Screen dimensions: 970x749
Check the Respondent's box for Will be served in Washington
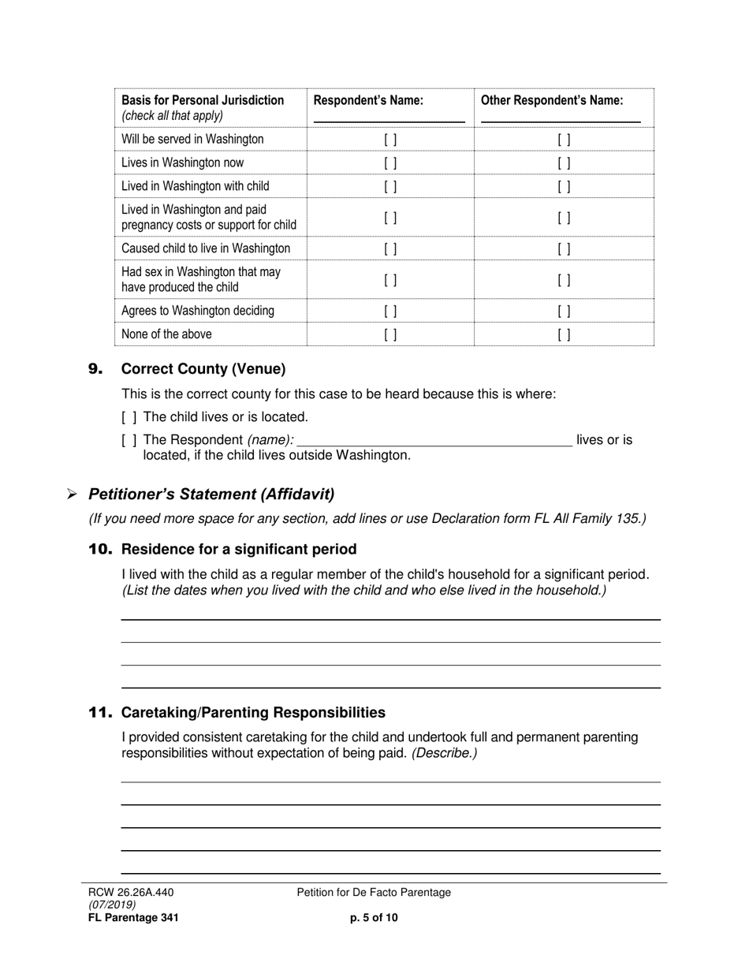390,140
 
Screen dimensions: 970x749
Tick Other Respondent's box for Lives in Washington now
564,163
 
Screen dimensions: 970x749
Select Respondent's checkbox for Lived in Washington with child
390,187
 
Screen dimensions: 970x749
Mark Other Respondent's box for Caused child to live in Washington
564,249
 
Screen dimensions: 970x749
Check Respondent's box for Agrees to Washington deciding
390,312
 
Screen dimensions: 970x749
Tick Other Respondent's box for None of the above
564,334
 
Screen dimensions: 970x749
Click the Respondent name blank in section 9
434,442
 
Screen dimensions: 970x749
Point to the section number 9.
95,369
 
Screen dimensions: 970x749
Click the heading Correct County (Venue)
203,369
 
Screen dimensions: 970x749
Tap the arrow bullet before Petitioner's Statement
72,494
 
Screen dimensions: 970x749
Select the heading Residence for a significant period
239,550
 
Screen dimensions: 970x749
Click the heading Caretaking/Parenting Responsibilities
253,713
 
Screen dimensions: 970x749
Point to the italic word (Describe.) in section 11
444,753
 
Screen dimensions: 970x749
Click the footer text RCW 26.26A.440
131,893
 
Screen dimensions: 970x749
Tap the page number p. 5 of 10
374,917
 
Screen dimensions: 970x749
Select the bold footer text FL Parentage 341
133,917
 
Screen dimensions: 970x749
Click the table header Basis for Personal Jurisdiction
203,100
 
